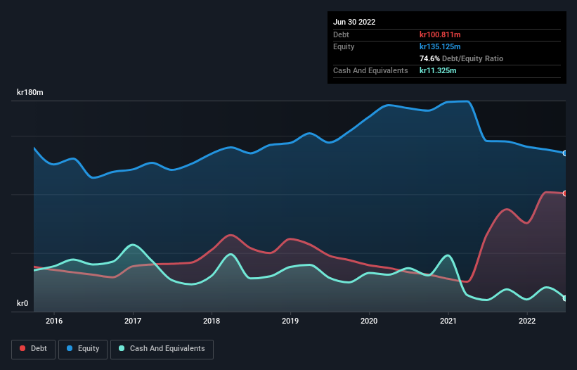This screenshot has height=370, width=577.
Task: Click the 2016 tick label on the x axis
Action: [x=54, y=321]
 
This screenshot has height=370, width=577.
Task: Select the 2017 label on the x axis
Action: [x=133, y=321]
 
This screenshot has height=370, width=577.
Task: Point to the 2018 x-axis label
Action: [x=212, y=321]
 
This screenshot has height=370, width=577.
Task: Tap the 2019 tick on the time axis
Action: [x=290, y=321]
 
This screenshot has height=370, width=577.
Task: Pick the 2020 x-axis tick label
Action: [x=369, y=321]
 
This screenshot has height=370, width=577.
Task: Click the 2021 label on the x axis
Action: [x=448, y=321]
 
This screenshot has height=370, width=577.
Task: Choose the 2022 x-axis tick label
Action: [x=526, y=321]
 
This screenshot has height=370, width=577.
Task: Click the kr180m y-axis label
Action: [x=30, y=93]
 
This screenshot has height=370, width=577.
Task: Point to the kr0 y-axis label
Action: [x=23, y=304]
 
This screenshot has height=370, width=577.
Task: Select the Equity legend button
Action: [x=83, y=348]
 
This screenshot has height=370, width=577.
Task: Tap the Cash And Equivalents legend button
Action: [x=162, y=348]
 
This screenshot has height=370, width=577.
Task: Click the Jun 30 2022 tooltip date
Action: [x=354, y=22]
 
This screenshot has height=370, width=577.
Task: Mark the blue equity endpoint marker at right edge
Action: [x=565, y=153]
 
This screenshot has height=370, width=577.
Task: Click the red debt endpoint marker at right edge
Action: [x=565, y=193]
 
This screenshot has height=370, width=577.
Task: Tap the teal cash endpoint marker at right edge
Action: [x=565, y=298]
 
